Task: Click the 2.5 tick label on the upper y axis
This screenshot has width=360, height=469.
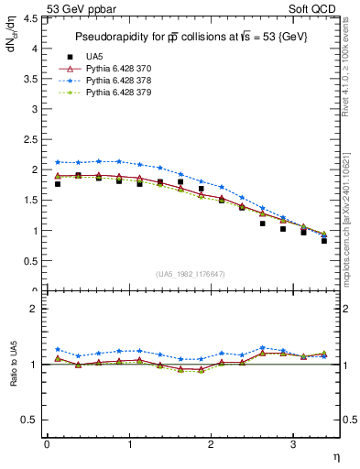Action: coord(31,139)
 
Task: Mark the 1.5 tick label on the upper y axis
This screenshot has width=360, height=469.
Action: coord(31,201)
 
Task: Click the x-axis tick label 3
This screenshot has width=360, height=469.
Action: coord(292,444)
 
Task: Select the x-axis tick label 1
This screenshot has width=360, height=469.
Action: coord(128,444)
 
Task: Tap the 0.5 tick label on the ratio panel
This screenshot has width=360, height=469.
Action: coord(31,420)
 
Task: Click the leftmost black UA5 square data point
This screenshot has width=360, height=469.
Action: coord(58,184)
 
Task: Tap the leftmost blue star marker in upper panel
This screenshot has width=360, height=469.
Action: coord(58,162)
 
